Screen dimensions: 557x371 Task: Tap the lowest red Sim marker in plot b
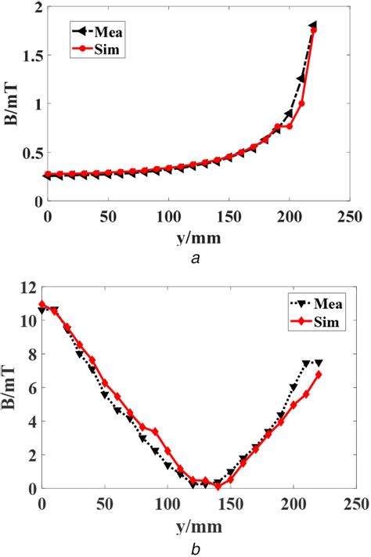pyautogui.click(x=218, y=486)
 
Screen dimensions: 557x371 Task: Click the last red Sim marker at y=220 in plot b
pyautogui.click(x=318, y=374)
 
